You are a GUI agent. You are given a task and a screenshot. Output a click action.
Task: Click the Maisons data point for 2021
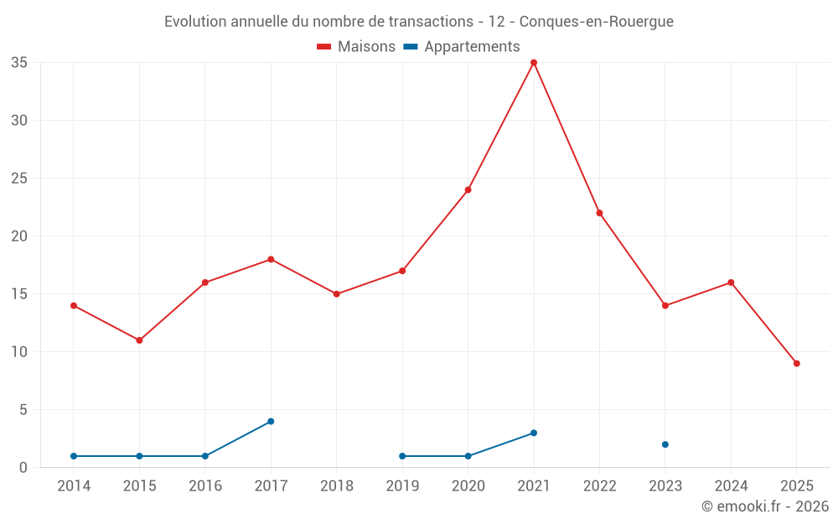click(x=534, y=63)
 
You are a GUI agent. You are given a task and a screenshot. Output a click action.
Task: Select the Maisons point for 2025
click(x=796, y=363)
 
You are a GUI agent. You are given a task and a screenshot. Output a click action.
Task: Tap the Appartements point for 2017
click(x=271, y=421)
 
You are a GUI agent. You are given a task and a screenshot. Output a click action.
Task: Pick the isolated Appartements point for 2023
click(x=665, y=444)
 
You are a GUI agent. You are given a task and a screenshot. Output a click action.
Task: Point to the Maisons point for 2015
click(x=139, y=340)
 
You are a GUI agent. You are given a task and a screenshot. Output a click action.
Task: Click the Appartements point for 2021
click(x=534, y=433)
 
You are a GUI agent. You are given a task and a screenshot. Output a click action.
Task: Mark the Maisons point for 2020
click(x=468, y=189)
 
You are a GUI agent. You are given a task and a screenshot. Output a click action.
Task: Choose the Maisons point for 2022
click(x=599, y=213)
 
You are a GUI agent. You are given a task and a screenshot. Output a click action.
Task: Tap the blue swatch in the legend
click(x=411, y=47)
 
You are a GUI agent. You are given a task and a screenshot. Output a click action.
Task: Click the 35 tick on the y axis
click(x=19, y=63)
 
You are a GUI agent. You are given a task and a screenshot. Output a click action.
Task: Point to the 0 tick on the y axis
click(x=23, y=468)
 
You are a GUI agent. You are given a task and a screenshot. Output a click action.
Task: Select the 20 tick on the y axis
click(x=19, y=236)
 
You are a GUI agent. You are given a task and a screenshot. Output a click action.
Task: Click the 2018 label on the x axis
click(x=336, y=486)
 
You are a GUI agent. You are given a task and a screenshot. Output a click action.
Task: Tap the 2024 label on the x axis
click(x=731, y=486)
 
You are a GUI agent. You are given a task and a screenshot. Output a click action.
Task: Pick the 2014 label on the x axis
click(x=74, y=486)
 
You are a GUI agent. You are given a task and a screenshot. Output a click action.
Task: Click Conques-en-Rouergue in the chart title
click(x=597, y=22)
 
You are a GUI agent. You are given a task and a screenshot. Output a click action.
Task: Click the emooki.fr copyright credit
click(x=765, y=506)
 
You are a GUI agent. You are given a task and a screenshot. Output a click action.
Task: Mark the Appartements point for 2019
click(x=402, y=456)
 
